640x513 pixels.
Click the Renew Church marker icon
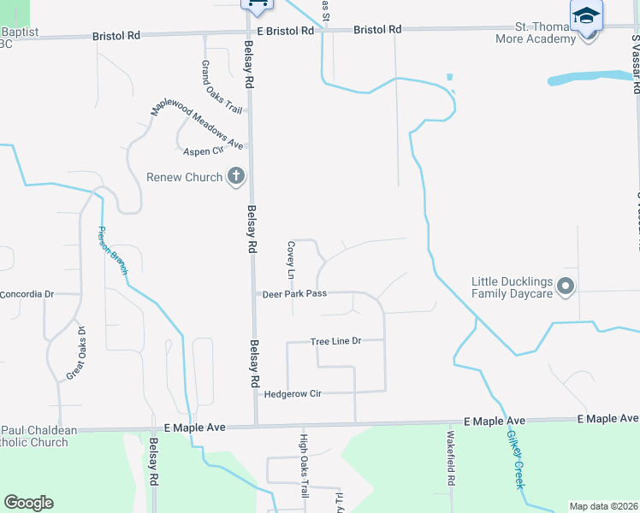(x=236, y=177)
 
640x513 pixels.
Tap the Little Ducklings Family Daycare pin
(x=566, y=286)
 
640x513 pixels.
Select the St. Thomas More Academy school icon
(x=586, y=16)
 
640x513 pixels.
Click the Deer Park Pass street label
(x=294, y=293)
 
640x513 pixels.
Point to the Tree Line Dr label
(x=336, y=341)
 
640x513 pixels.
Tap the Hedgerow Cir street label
(x=292, y=394)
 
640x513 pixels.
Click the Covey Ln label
(x=290, y=259)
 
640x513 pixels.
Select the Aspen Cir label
(x=203, y=151)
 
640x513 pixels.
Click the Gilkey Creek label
(x=515, y=459)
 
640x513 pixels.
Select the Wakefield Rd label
(x=450, y=458)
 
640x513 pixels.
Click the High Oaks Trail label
(x=303, y=466)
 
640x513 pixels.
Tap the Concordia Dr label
(x=27, y=294)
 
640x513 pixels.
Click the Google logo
(x=28, y=503)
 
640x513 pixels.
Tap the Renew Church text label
(x=184, y=178)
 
